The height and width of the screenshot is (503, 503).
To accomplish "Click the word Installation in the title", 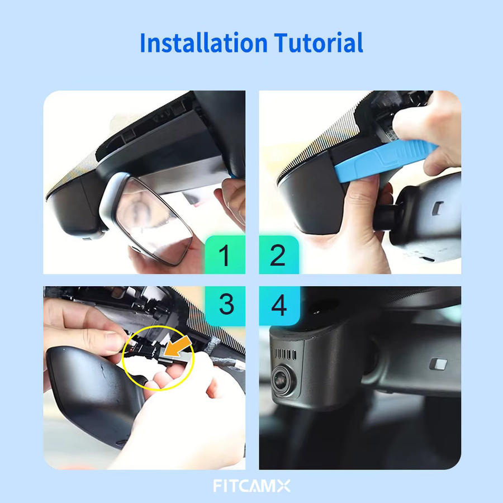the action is coord(203,42).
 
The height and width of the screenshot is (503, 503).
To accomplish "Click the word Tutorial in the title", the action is coord(318,42).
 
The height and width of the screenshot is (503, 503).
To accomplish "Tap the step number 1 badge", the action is coord(225,255).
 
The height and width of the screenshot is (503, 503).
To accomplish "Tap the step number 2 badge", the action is coord(279,255).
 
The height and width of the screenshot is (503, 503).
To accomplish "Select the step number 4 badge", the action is coord(279,305).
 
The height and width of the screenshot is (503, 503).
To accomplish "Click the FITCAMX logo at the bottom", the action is coord(251,486).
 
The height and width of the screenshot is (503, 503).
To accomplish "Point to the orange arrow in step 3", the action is coord(177,348).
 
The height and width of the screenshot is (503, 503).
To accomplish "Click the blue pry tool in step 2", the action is coord(385,160).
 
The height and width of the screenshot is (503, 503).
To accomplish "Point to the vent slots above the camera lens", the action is coord(285,354).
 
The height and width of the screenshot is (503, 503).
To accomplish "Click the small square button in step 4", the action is coord(438,363).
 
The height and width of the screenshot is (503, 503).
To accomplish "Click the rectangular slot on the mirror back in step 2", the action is coord(437,208).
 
